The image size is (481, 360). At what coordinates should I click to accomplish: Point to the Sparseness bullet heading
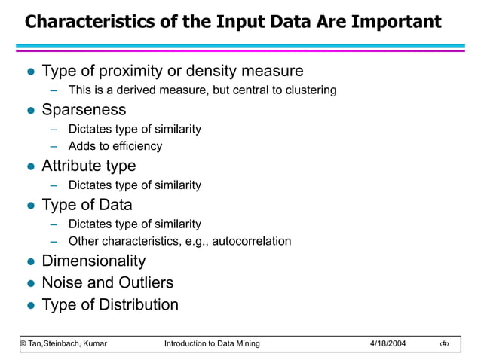tap(84, 110)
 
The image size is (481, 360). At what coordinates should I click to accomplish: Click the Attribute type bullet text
tap(88, 166)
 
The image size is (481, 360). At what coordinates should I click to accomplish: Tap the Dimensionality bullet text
tap(93, 261)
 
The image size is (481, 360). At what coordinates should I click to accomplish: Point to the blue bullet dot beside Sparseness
tap(30, 111)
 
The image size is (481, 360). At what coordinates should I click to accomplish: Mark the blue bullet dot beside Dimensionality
tap(30, 262)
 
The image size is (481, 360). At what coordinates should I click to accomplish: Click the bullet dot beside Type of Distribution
tap(30, 306)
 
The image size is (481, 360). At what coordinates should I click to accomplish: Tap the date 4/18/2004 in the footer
tap(388, 344)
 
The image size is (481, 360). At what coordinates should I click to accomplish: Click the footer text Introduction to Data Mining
tap(211, 344)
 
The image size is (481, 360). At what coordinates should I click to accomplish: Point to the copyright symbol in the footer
tap(22, 344)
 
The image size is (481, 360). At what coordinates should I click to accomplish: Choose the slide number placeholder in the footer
tap(445, 344)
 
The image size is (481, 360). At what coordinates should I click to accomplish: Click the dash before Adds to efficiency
tap(54, 146)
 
